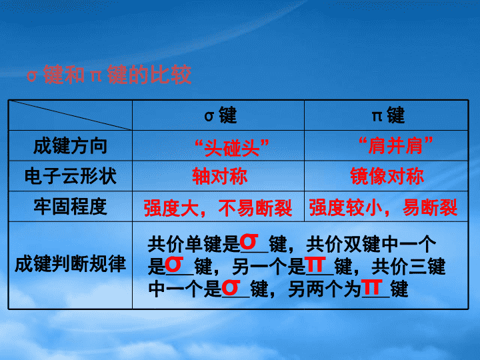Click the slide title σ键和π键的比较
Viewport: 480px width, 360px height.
109,75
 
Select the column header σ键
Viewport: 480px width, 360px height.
221,115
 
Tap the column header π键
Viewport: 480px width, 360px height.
388,115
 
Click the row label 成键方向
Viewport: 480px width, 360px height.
70,146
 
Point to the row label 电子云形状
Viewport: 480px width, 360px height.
71,176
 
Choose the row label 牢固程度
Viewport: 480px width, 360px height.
70,206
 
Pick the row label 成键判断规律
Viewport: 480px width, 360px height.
70,264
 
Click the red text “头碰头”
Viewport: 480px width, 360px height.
232,147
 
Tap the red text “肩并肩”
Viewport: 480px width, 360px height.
396,145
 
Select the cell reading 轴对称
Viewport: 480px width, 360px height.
220,176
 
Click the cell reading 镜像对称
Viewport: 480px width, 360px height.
387,176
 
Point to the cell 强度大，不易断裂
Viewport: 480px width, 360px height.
218,208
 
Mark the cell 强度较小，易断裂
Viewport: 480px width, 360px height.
383,207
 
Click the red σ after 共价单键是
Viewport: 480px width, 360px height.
249,242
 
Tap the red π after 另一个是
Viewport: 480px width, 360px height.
316,265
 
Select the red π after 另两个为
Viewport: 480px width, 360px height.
372,287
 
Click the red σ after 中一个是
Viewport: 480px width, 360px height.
231,287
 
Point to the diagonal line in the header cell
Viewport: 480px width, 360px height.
71,115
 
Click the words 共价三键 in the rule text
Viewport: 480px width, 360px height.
409,266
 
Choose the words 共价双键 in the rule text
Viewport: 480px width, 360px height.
343,244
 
